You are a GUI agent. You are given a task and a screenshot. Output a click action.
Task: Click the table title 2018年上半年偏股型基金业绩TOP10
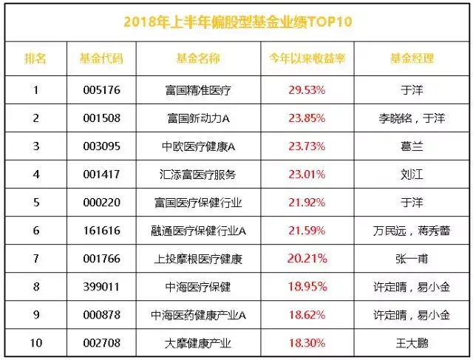click(237, 21)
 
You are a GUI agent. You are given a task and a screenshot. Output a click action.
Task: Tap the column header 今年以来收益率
click(307, 58)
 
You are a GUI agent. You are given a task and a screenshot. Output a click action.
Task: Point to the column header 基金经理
click(412, 58)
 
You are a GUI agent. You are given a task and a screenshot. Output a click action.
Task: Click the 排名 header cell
click(34, 58)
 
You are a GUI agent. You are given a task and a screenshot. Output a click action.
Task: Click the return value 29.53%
click(307, 90)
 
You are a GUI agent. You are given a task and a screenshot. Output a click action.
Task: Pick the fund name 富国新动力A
click(199, 118)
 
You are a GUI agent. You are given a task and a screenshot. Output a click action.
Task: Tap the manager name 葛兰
click(412, 146)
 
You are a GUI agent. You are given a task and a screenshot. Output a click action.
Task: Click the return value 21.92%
click(307, 203)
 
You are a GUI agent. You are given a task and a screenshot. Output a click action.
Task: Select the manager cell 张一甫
click(412, 259)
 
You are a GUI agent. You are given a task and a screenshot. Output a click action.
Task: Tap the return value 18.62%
click(307, 315)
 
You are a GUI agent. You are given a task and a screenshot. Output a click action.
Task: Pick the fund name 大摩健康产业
click(199, 343)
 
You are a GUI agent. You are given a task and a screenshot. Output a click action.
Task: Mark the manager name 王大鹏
click(412, 343)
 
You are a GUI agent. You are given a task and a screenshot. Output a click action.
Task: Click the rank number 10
click(34, 343)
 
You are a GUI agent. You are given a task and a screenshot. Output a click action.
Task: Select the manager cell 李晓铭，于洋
click(412, 118)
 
